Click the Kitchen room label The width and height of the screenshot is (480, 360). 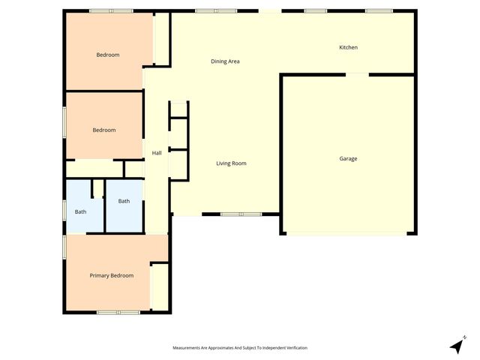click(x=348, y=47)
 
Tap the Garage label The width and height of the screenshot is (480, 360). click(x=348, y=158)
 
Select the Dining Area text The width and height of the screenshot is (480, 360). click(x=224, y=61)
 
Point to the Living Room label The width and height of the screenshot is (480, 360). click(x=231, y=163)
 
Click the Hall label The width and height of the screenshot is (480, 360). click(x=157, y=153)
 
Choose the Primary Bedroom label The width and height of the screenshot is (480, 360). click(x=112, y=275)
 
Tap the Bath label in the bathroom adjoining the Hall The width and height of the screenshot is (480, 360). click(x=124, y=200)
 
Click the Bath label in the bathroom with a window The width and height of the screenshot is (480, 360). click(x=80, y=211)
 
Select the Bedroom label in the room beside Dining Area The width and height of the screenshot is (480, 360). click(x=108, y=55)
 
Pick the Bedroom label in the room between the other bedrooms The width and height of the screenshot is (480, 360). click(x=104, y=130)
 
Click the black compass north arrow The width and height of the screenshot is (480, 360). click(x=457, y=345)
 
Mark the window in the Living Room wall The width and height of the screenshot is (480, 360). click(x=241, y=214)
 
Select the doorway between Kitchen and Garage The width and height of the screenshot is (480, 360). click(x=357, y=73)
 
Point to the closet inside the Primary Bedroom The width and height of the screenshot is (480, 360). click(x=160, y=286)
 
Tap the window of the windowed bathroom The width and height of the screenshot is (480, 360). click(x=64, y=209)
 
